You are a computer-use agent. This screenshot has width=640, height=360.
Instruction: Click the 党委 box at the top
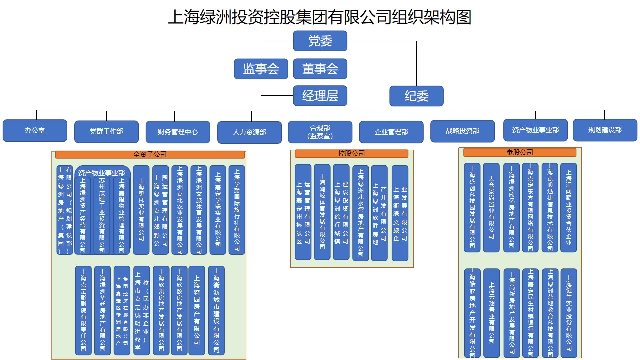click(x=320, y=41)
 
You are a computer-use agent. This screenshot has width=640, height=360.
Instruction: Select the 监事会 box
click(x=261, y=69)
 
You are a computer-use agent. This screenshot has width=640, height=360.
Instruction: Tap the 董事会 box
click(x=320, y=69)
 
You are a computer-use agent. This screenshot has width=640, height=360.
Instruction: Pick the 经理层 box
click(x=320, y=95)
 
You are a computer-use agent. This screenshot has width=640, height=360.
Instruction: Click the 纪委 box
click(x=416, y=96)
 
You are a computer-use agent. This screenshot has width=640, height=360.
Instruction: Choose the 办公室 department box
click(x=35, y=130)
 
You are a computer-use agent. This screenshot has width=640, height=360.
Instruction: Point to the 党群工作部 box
click(x=106, y=131)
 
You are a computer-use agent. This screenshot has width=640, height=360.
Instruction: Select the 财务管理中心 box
click(x=178, y=132)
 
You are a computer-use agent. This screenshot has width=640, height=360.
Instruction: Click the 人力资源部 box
click(x=249, y=132)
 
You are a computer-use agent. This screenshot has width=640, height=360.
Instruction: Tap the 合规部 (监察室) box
click(x=320, y=132)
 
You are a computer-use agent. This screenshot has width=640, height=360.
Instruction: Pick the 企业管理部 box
click(x=391, y=132)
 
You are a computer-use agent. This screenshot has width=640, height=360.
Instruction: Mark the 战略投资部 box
click(x=462, y=131)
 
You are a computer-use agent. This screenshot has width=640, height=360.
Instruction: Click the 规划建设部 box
click(x=605, y=130)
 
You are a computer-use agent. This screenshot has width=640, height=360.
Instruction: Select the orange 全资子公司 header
click(x=150, y=155)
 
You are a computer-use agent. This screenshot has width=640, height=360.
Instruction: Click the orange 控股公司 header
click(x=351, y=153)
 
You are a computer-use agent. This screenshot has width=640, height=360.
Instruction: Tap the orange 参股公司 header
click(x=519, y=152)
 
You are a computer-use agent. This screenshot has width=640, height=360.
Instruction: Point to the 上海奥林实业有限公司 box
click(x=141, y=210)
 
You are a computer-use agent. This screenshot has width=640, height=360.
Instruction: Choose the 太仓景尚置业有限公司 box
click(x=491, y=207)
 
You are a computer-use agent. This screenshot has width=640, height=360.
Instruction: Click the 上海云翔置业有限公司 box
click(x=491, y=313)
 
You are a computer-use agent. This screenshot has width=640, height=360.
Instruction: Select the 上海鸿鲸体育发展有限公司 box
click(x=322, y=212)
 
